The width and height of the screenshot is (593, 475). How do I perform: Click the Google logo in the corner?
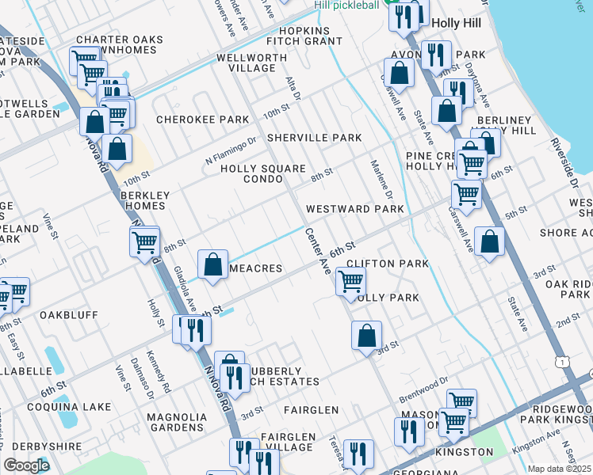[x=27, y=465]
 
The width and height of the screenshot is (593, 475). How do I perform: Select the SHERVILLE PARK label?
[x=314, y=138]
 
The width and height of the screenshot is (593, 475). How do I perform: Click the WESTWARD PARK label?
[x=354, y=209]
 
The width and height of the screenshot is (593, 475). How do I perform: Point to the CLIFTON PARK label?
[x=388, y=263]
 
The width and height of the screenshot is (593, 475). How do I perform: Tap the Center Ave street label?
[x=317, y=251]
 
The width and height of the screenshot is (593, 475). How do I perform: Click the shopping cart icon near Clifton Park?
[x=350, y=281]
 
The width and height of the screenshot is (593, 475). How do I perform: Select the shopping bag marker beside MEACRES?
[x=212, y=264]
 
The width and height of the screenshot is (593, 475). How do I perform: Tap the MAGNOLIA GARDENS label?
[x=177, y=422]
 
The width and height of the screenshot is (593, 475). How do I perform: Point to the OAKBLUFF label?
[x=69, y=315]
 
